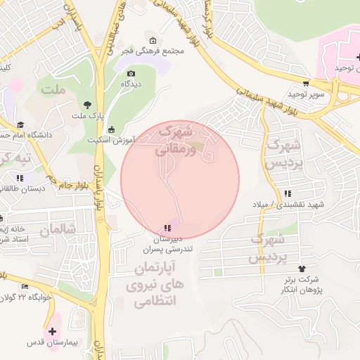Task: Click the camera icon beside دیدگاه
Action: (x=131, y=73)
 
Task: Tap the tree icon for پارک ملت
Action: (x=87, y=103)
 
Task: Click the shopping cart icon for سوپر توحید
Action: (x=305, y=83)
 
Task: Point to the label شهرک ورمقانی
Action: (x=173, y=140)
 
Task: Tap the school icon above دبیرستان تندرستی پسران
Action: (x=167, y=228)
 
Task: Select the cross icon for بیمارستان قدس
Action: (x=52, y=330)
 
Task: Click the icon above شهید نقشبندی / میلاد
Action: (x=287, y=193)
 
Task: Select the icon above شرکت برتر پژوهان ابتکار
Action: (x=302, y=269)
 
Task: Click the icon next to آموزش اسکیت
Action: (x=112, y=129)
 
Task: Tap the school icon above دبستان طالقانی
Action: (x=20, y=178)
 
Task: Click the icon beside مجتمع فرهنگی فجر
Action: (x=153, y=40)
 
